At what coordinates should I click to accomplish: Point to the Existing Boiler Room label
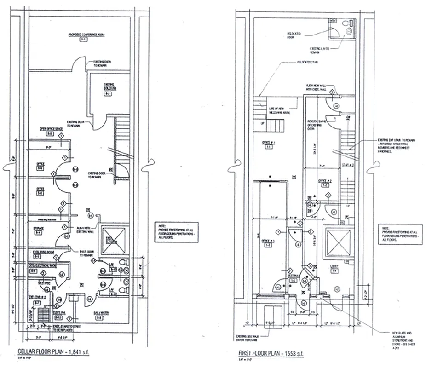point(108,86)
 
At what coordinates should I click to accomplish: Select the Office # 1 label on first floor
point(268,143)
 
